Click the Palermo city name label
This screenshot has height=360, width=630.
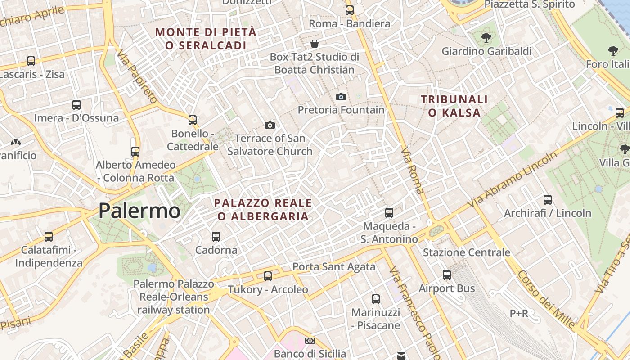[139, 211]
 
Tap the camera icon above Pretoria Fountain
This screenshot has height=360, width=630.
[341, 97]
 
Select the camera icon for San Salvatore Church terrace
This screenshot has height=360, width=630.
[270, 125]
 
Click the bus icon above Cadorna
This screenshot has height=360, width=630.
[216, 236]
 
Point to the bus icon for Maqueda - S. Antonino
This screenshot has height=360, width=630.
[389, 212]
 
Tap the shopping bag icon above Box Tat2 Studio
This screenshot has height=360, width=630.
[315, 44]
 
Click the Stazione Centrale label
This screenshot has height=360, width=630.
[466, 252]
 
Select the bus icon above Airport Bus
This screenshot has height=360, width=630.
[447, 274]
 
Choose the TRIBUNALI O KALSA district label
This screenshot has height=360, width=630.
[454, 106]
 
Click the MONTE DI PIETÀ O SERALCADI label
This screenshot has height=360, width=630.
[206, 39]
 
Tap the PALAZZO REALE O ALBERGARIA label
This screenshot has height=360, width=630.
[263, 210]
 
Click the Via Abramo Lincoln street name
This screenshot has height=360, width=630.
[513, 180]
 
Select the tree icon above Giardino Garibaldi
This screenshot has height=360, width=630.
[486, 37]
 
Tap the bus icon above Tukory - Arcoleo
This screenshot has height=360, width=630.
[268, 276]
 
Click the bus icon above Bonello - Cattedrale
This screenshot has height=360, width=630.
[193, 120]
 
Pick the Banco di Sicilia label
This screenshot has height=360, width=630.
[310, 354]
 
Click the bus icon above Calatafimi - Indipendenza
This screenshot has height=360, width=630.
[49, 236]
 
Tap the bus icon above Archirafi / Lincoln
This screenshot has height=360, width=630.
[548, 199]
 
